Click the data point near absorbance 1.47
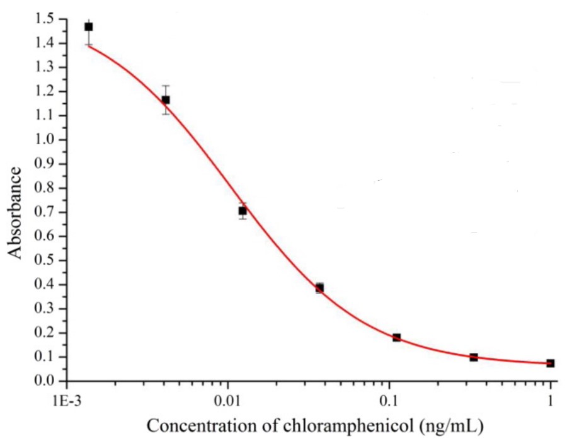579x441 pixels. (x=89, y=26)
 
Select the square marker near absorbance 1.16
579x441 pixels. (x=166, y=100)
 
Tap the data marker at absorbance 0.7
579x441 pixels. (x=243, y=210)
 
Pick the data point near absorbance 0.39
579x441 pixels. (x=319, y=288)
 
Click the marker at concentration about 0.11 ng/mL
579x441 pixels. (x=396, y=338)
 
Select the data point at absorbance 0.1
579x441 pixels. (x=474, y=357)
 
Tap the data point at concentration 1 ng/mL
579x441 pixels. (x=551, y=364)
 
